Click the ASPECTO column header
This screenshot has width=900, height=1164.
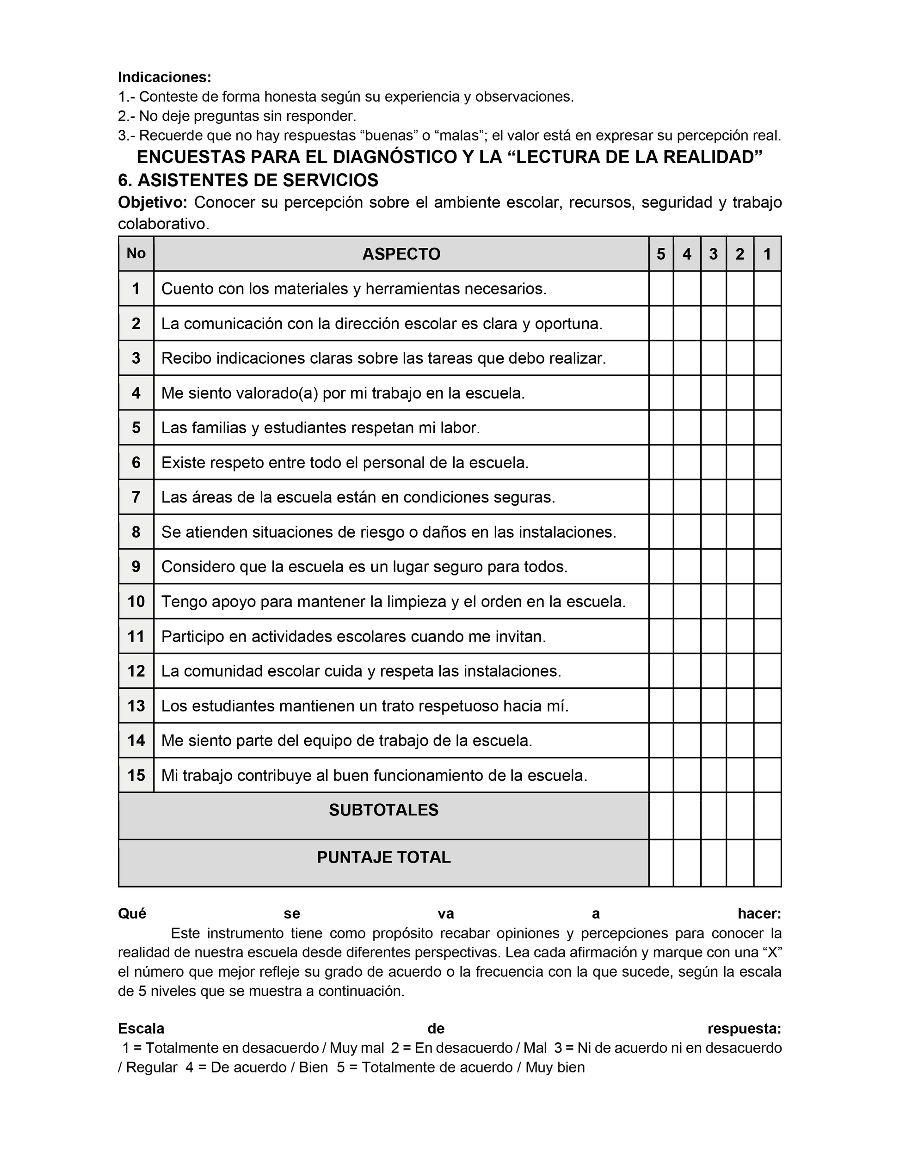(401, 254)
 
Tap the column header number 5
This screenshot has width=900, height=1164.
(660, 254)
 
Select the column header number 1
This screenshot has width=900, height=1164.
(767, 254)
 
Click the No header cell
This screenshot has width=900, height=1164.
(136, 253)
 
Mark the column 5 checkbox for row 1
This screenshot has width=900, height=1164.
(660, 288)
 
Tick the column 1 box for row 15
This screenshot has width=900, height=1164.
(767, 775)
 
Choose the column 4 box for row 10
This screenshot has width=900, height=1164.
(687, 601)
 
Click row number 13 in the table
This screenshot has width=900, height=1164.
(136, 705)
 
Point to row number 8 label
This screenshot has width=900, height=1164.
(136, 532)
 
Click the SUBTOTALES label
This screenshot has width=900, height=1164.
(383, 810)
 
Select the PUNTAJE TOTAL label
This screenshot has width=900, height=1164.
(383, 857)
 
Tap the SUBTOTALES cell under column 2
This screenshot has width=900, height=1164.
(740, 815)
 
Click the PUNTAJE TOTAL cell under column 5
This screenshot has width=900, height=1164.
(660, 863)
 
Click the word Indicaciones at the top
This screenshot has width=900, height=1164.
(164, 77)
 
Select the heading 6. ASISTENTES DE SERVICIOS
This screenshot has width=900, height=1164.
(248, 180)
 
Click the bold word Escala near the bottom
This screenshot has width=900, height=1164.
(141, 1028)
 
